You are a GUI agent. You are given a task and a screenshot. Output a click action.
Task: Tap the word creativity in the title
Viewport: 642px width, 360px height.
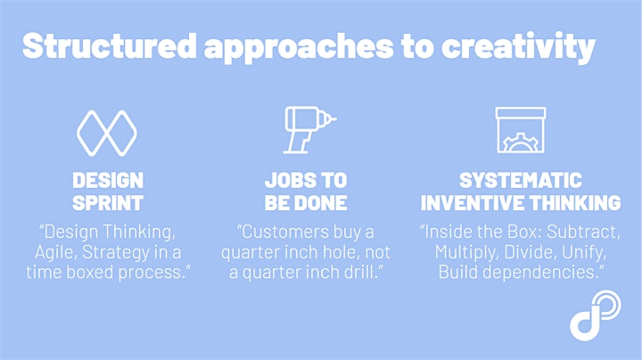pos(518,47)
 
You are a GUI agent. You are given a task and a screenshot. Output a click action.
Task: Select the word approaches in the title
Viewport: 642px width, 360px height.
pos(299,48)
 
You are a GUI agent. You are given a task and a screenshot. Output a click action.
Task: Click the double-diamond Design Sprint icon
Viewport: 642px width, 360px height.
pos(107,134)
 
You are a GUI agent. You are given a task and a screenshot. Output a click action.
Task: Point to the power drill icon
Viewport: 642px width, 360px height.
pos(309,130)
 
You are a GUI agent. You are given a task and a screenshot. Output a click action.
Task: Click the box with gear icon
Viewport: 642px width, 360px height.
pos(521,130)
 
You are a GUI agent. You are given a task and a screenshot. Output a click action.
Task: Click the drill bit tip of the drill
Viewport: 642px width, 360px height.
pos(334,119)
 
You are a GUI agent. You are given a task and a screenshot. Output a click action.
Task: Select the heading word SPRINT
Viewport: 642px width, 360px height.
pos(108,203)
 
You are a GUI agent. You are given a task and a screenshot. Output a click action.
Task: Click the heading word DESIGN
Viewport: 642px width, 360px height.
pos(108,180)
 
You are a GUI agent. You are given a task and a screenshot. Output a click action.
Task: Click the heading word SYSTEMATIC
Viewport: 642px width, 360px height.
pos(521,180)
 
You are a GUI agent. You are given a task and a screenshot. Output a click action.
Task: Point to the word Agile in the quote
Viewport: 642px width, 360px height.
pos(56,252)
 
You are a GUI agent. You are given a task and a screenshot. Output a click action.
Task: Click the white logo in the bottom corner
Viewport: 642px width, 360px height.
pos(596,315)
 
